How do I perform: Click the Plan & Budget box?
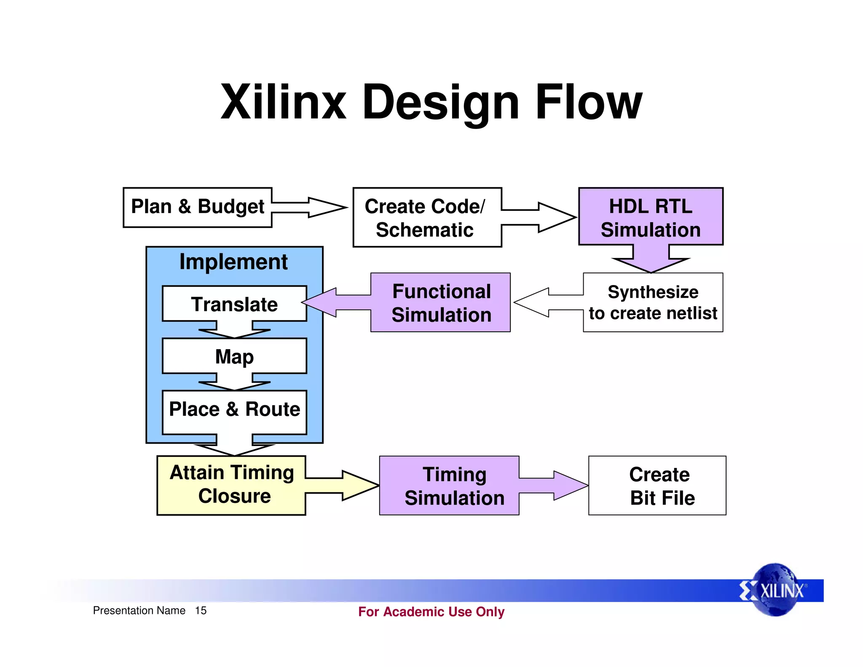[x=197, y=207]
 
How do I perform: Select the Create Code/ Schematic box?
[x=426, y=218]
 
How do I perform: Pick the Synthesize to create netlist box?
[x=653, y=303]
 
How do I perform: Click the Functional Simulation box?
[x=441, y=303]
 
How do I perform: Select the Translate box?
[x=234, y=304]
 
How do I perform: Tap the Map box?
[x=234, y=356]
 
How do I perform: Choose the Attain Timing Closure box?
[x=231, y=485]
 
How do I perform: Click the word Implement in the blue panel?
[x=233, y=262]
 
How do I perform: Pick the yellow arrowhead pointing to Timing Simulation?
[x=360, y=486]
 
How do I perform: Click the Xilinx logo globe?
[x=775, y=590]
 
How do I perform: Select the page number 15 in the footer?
[x=201, y=611]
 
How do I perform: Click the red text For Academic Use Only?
[x=431, y=612]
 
